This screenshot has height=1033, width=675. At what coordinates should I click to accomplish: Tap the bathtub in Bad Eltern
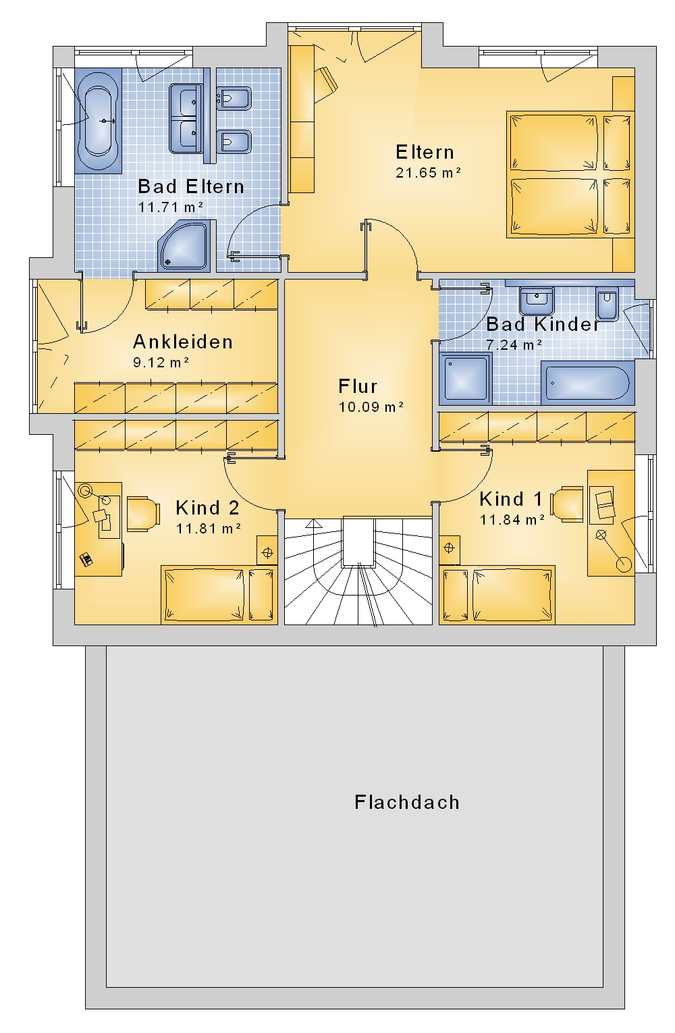[x=98, y=121]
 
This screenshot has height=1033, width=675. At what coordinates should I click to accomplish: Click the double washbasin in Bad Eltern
[x=186, y=118]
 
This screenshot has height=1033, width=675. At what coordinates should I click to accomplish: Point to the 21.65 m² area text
[x=429, y=173]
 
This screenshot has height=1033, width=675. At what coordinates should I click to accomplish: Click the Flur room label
[x=358, y=386]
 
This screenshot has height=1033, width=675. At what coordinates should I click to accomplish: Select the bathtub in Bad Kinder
[x=587, y=383]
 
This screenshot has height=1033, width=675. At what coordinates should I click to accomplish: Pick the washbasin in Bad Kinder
[x=537, y=300]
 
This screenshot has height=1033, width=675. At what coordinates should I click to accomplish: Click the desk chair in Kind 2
[x=143, y=514]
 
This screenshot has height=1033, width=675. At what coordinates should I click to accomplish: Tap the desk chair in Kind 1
[x=567, y=504]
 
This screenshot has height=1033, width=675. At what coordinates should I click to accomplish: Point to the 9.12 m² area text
[x=161, y=363]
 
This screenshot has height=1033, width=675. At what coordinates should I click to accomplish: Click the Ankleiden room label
[x=183, y=342]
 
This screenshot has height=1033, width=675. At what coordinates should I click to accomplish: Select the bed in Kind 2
[x=219, y=595]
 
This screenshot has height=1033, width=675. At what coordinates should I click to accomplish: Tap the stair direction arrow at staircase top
[x=313, y=523]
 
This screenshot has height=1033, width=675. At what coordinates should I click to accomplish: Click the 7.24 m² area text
[x=514, y=345]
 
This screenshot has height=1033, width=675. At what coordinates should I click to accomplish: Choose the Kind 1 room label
[x=512, y=500]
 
